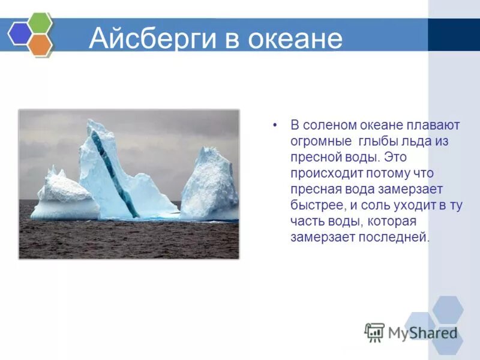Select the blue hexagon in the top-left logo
pos(19,34)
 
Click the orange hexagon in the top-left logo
pos(40,44)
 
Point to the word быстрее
pos(316,205)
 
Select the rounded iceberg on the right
pos(210,186)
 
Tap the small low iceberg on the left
pos(63,198)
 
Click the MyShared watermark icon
pos(374,332)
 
